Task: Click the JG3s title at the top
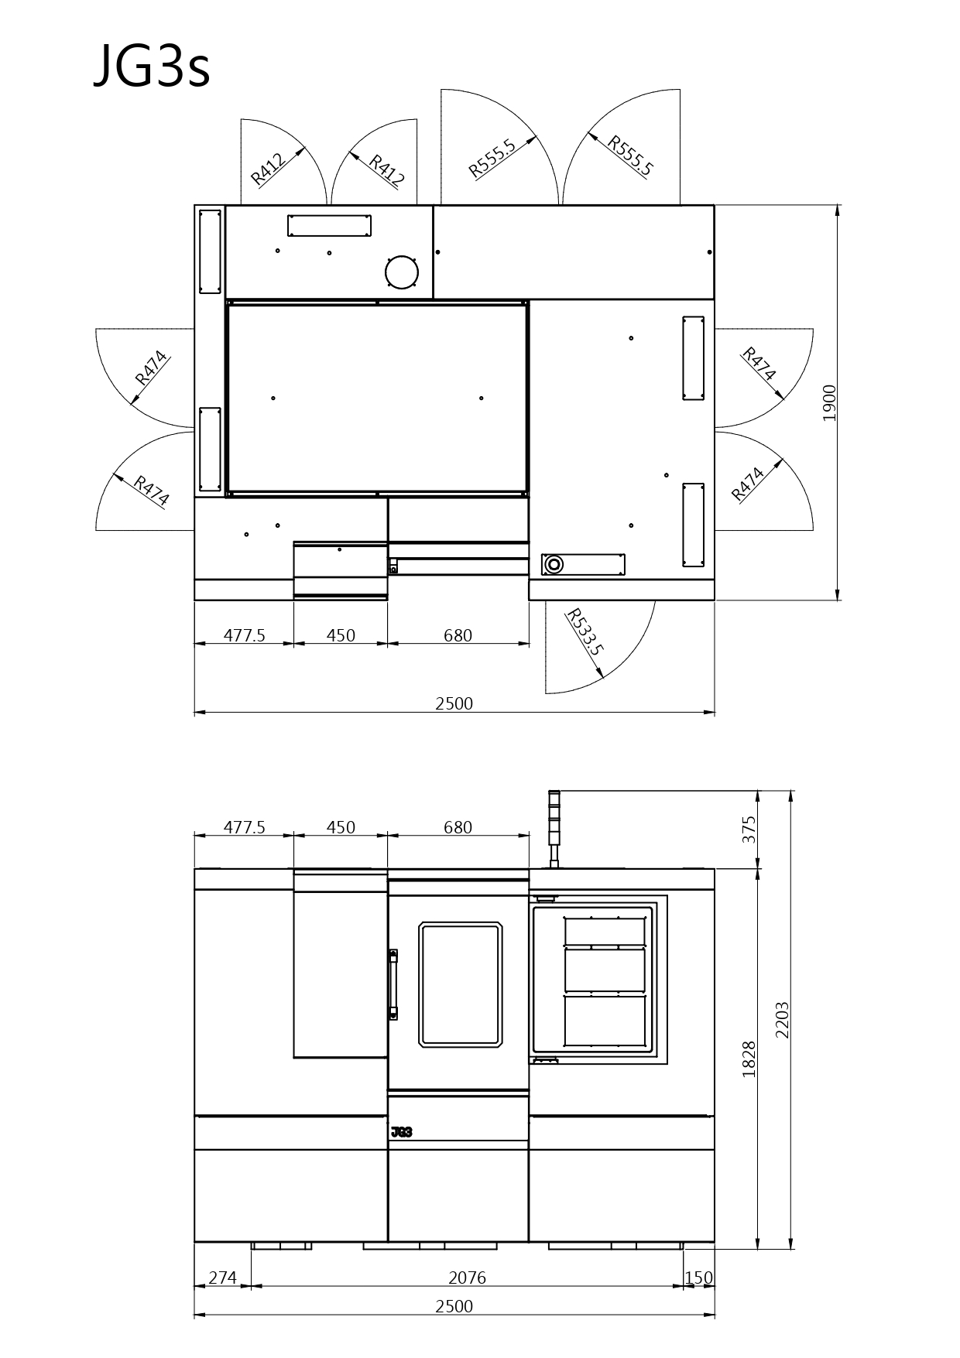(x=152, y=67)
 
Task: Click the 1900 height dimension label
(x=829, y=402)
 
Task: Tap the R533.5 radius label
(x=584, y=631)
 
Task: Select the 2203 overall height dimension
(x=782, y=1020)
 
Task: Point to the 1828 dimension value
(x=749, y=1059)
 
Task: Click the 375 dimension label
(x=749, y=830)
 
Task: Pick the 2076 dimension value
(x=467, y=1278)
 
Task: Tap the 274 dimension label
(x=222, y=1278)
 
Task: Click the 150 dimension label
(x=698, y=1278)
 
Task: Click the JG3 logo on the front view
(x=402, y=1132)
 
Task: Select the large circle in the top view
(x=402, y=272)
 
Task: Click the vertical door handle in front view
(x=393, y=985)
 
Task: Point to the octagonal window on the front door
(x=461, y=984)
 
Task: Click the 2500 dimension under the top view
(x=454, y=703)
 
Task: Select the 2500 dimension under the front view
(x=454, y=1306)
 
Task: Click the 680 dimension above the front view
(x=458, y=827)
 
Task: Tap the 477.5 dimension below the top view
(x=245, y=635)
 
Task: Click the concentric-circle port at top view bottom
(x=553, y=564)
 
